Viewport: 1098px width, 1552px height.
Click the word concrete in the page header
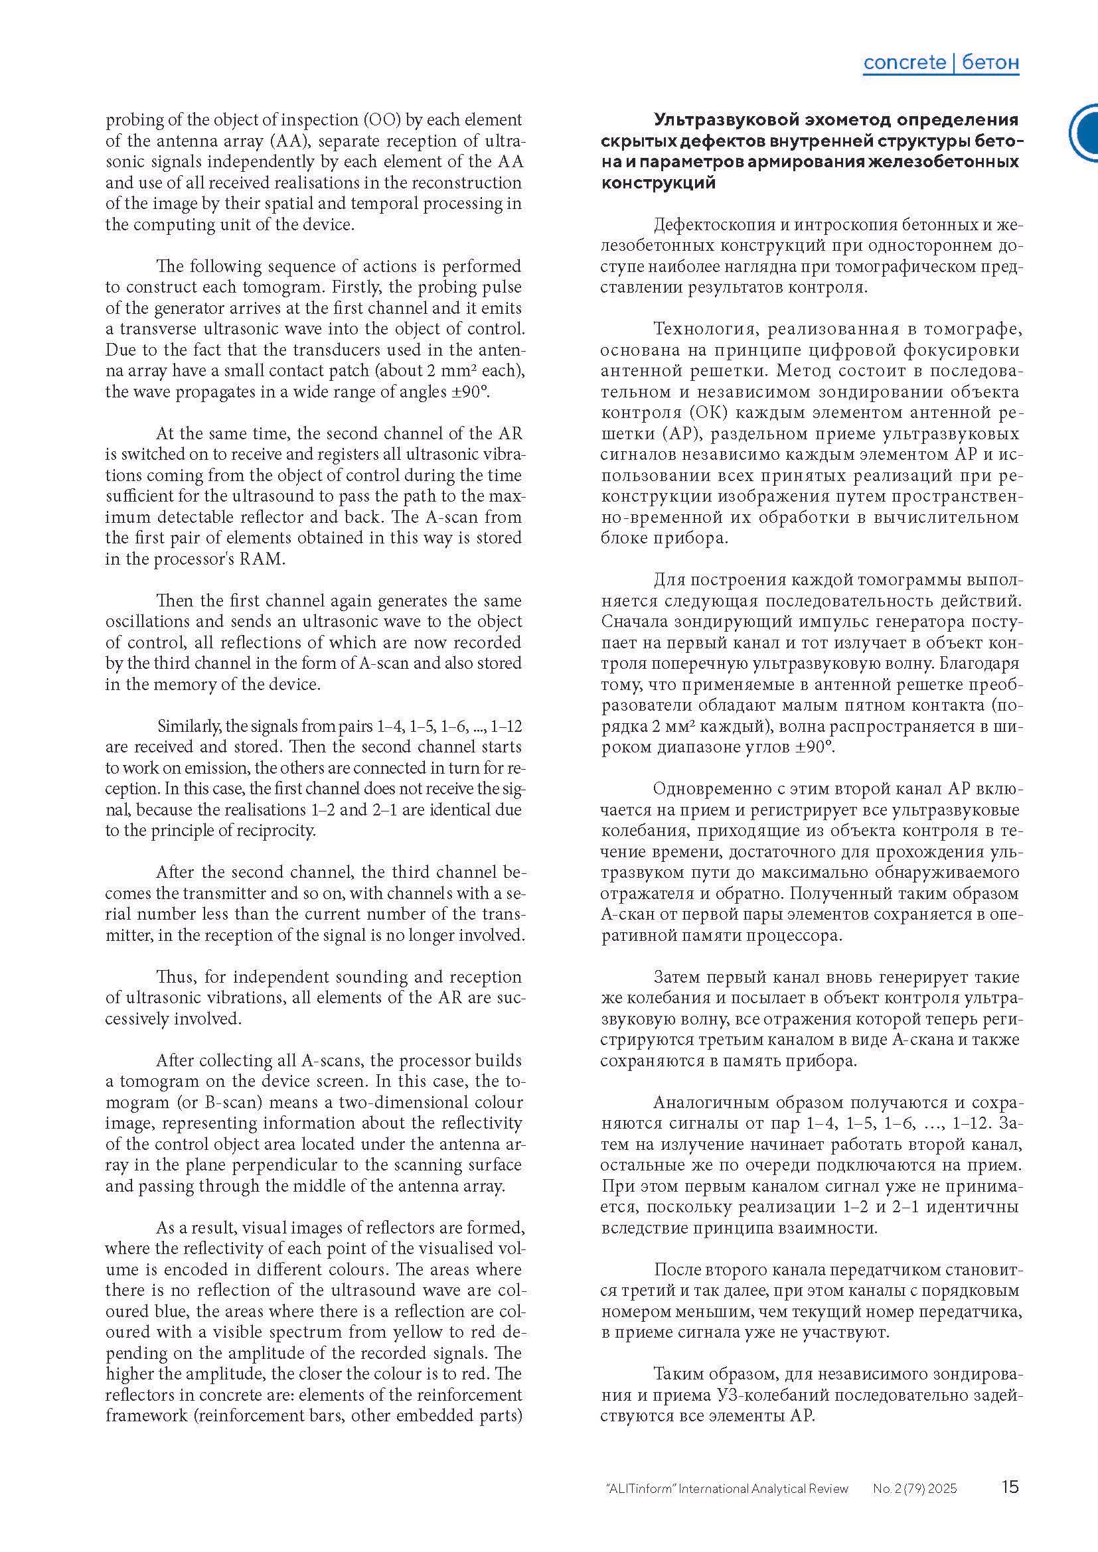(905, 63)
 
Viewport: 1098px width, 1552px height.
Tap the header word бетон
(990, 63)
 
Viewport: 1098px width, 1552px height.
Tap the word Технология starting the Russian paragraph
(703, 329)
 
